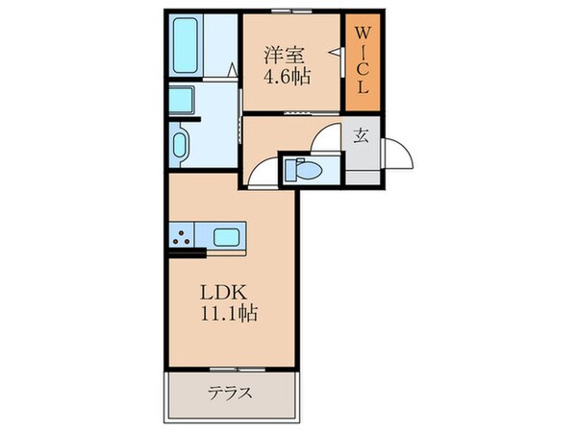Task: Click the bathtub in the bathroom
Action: (187, 47)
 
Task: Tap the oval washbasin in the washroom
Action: (180, 147)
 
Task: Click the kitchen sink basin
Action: (227, 235)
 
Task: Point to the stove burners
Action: (180, 235)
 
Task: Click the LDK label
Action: (220, 292)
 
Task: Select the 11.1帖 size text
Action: (227, 313)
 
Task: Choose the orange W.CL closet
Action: (364, 60)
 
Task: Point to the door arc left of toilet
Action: (262, 171)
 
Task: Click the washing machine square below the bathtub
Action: (181, 100)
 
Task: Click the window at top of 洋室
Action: (292, 12)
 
